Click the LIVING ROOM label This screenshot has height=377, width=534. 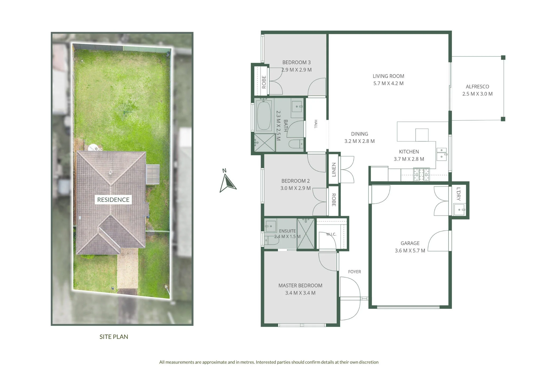[388, 76]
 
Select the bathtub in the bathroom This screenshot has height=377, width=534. [264, 115]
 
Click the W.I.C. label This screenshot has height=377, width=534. [331, 234]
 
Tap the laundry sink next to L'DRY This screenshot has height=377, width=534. [460, 209]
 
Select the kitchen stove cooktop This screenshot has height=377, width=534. [421, 174]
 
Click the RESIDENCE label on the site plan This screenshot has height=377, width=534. [113, 200]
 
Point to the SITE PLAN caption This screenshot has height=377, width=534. [114, 337]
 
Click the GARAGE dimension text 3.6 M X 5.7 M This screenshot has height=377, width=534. [410, 251]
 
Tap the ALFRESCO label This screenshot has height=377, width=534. [477, 87]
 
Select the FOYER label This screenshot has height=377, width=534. [354, 272]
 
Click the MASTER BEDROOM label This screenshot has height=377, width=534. [300, 286]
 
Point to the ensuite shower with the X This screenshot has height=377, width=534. [306, 234]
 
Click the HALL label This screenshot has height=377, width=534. [316, 124]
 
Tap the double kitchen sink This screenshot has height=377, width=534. [442, 154]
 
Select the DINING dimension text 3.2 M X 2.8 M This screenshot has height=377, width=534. [359, 141]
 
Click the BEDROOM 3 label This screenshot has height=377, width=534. [296, 62]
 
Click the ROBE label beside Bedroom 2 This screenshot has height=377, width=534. [334, 200]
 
